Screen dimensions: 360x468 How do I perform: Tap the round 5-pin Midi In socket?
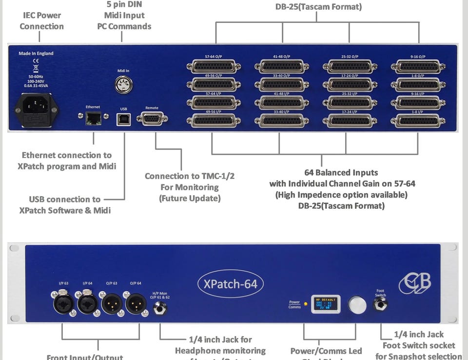point(123,85)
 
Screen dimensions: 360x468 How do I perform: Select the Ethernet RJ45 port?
point(93,118)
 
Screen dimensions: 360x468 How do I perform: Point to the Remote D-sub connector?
point(152,119)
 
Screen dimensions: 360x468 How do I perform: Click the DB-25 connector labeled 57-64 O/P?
point(214,66)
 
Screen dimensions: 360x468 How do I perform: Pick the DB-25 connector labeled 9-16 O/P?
point(418,66)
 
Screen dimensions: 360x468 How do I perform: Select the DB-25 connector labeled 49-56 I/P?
point(214,120)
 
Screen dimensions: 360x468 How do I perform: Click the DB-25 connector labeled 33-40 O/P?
point(282,84)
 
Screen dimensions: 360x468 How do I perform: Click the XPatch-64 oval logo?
point(231,283)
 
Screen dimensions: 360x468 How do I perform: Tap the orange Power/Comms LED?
point(306,304)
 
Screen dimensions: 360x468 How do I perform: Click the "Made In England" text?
point(36,53)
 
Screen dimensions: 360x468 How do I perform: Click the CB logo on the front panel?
point(415,283)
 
